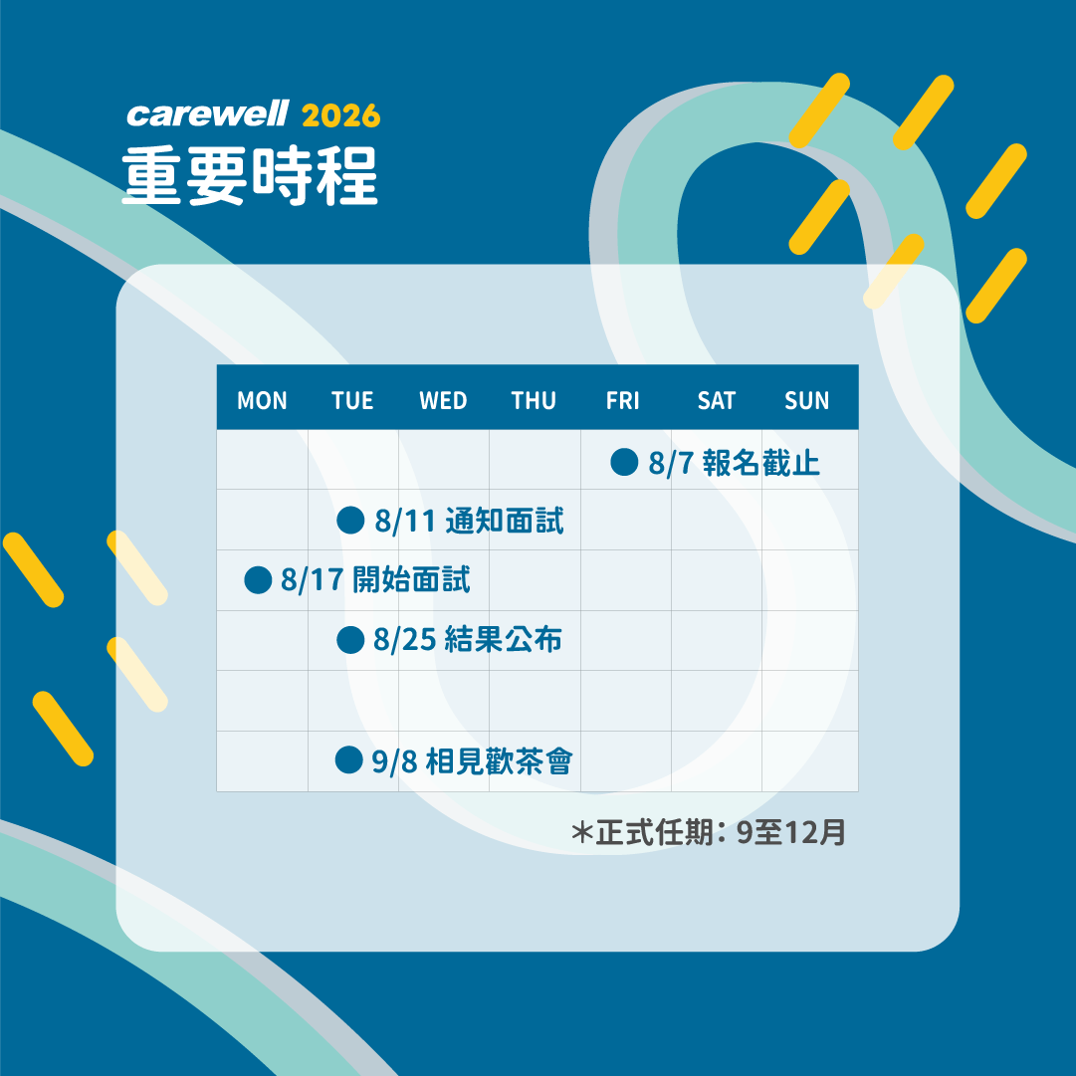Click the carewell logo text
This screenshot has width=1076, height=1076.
(208, 113)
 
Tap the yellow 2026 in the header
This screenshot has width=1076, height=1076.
(340, 115)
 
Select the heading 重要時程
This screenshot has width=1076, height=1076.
(250, 175)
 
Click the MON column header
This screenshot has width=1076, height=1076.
(262, 400)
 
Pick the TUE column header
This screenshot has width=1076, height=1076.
(352, 400)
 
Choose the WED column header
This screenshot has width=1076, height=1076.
(443, 400)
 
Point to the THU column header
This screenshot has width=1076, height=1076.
(534, 400)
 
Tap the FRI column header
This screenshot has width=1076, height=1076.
(622, 400)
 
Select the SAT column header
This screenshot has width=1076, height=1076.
(716, 400)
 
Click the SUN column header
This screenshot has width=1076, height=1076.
(807, 400)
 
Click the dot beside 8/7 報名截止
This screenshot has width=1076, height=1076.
(624, 462)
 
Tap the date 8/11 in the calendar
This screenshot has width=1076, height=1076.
(405, 521)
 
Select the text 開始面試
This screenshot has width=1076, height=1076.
(411, 580)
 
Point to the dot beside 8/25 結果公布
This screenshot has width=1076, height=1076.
(350, 640)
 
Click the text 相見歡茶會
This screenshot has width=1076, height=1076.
(499, 761)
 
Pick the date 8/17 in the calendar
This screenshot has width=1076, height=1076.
(312, 580)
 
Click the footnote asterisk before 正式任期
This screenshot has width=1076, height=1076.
(582, 832)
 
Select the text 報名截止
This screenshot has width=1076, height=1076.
(761, 463)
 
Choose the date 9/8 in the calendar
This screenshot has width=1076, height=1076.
(394, 761)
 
